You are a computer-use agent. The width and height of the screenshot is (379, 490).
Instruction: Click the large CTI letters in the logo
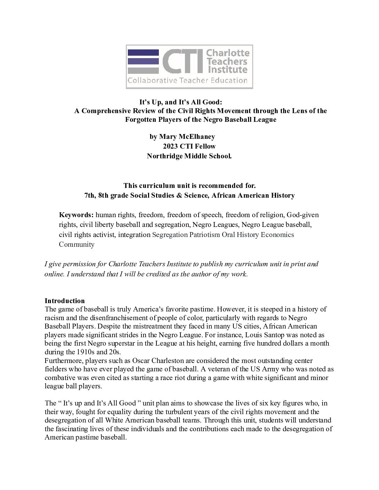[x=183, y=62]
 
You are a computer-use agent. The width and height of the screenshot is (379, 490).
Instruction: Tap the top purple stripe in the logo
[x=143, y=53]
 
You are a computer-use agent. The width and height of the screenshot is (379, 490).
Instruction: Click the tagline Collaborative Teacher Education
[x=187, y=81]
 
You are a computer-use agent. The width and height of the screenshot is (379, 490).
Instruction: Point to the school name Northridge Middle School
[x=189, y=156]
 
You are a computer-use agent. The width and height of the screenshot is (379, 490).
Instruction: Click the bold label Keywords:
[x=76, y=215]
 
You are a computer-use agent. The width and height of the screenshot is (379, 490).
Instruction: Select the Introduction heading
[x=65, y=301]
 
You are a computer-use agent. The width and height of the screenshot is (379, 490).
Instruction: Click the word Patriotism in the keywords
[x=205, y=235]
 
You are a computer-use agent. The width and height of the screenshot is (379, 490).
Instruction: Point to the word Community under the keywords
[x=77, y=244]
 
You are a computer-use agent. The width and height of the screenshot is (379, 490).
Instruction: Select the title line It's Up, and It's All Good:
[x=181, y=102]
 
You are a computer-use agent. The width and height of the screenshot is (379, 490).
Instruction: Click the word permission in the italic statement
[x=77, y=264]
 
